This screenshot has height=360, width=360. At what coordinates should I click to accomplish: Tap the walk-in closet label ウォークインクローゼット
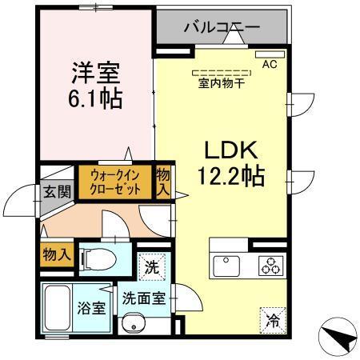point(115,182)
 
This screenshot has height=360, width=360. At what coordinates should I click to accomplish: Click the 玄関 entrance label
point(52,193)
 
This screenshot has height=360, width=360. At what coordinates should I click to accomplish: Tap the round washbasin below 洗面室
point(134,325)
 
